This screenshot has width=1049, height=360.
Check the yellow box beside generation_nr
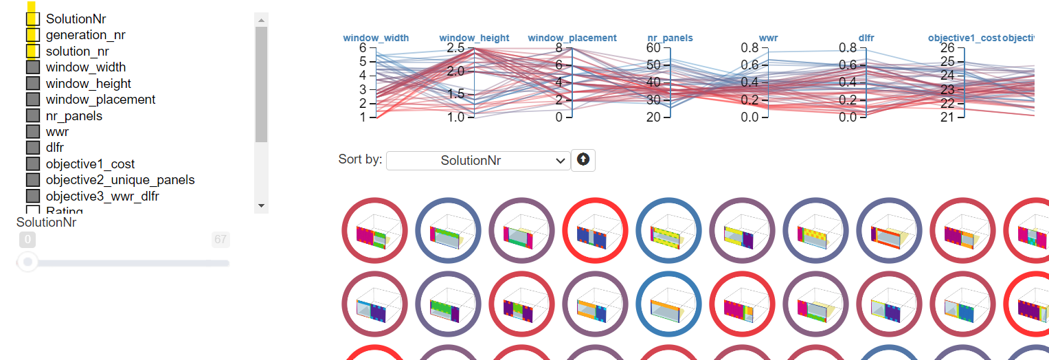(x=32, y=35)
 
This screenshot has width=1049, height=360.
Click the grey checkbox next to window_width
(x=32, y=67)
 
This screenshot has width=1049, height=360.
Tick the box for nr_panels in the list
(x=32, y=116)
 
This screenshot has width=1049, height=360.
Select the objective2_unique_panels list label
(x=120, y=180)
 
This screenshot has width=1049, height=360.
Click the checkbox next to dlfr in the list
(x=32, y=148)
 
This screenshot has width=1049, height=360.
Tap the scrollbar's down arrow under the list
(x=261, y=205)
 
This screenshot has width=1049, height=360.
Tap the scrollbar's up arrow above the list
(x=261, y=20)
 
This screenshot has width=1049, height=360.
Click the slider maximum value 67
(x=221, y=240)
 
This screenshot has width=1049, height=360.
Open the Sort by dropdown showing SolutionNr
(x=478, y=161)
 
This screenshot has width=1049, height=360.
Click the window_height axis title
(x=474, y=38)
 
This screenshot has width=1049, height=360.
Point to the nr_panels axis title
(x=670, y=38)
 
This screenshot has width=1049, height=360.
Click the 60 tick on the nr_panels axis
(x=653, y=47)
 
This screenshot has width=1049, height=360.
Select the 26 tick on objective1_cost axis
(x=947, y=47)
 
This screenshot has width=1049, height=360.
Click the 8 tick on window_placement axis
(x=559, y=47)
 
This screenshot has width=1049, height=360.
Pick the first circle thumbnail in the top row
(x=374, y=231)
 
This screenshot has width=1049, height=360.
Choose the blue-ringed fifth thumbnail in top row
(x=668, y=231)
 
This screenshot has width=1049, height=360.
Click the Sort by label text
(x=360, y=159)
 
